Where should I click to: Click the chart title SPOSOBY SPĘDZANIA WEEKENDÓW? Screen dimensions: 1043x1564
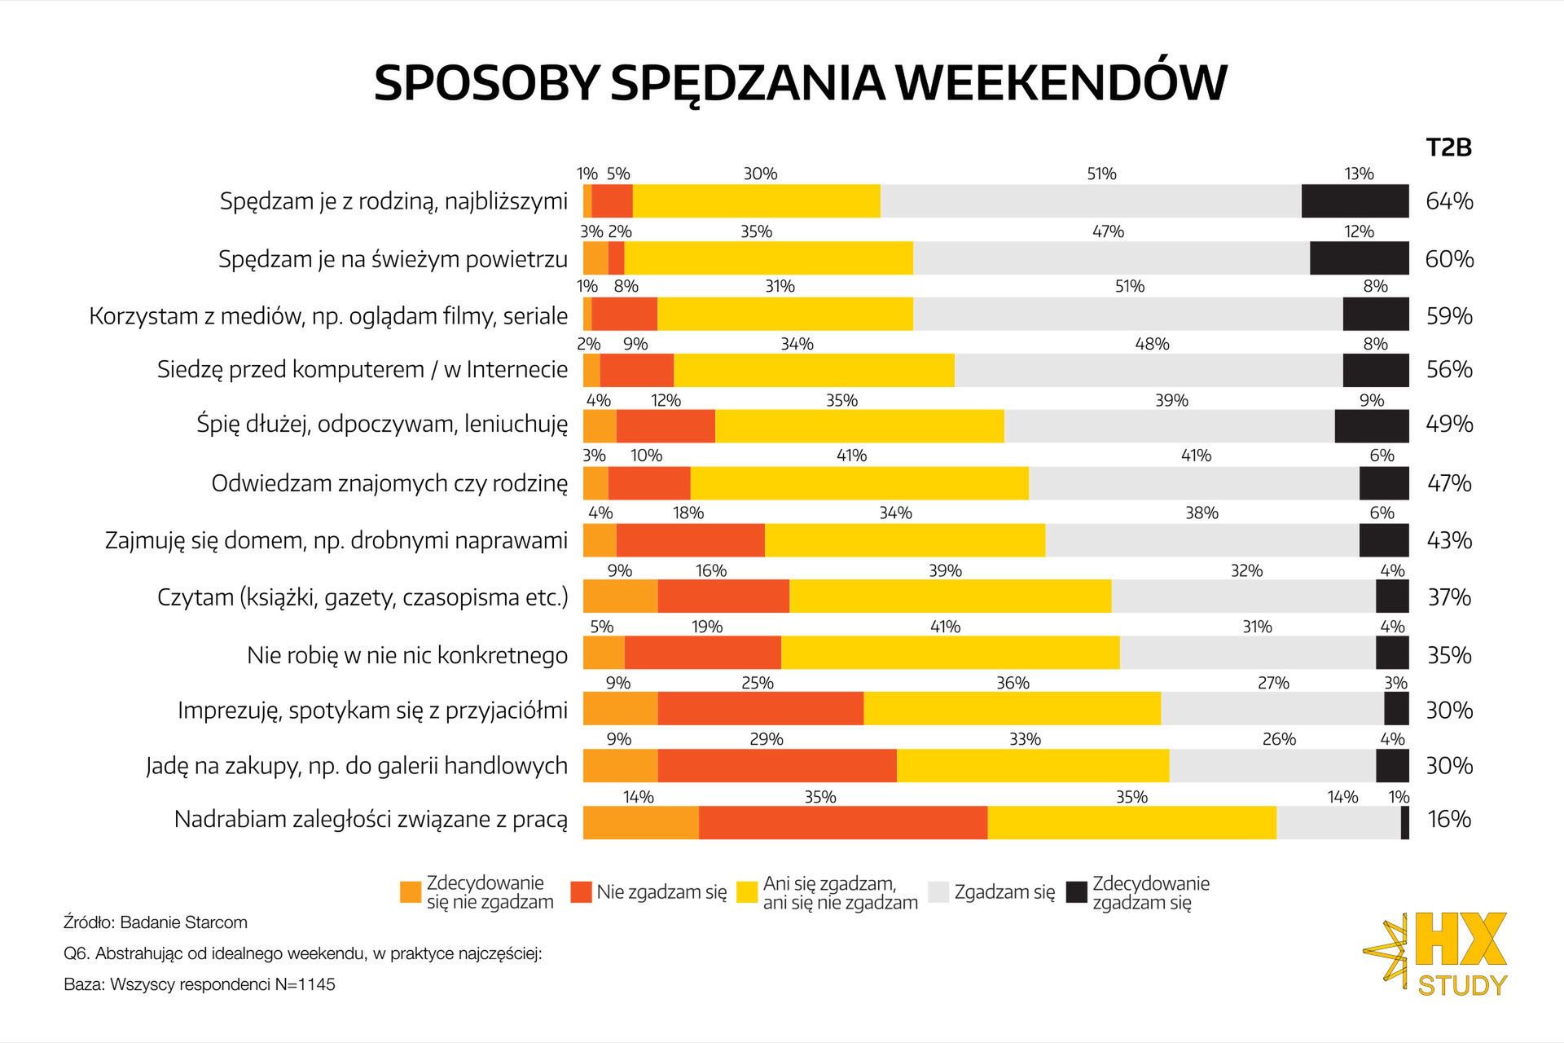point(800,82)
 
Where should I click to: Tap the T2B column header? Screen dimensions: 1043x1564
point(1448,147)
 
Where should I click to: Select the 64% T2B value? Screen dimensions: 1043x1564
point(1449,201)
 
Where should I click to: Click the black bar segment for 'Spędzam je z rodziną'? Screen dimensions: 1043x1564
point(1355,201)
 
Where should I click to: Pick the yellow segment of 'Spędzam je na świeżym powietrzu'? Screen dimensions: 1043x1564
point(768,258)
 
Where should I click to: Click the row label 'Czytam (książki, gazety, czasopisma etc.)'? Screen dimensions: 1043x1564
point(362,597)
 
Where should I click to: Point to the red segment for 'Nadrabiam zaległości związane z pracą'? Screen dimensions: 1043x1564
point(842,822)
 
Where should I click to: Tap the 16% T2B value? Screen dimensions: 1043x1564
point(1449,819)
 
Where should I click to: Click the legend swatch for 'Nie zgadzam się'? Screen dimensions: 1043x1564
point(581,892)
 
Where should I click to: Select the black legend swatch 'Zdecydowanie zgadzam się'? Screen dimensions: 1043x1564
point(1077,892)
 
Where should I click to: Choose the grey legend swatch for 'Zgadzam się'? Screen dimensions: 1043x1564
point(938,892)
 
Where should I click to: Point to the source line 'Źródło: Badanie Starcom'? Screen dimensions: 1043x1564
point(156,922)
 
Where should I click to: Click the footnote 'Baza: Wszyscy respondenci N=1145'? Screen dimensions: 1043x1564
point(200,984)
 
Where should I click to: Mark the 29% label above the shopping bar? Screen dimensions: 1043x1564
point(766,739)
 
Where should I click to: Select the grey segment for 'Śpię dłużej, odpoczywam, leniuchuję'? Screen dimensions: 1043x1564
point(1169,426)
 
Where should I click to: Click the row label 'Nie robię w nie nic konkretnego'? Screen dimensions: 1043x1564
point(407,655)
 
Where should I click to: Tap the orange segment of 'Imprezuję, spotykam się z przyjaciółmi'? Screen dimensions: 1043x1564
point(620,709)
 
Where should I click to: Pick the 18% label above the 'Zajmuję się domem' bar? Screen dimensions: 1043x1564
point(688,513)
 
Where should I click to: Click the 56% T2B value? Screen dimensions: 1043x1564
point(1449,370)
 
